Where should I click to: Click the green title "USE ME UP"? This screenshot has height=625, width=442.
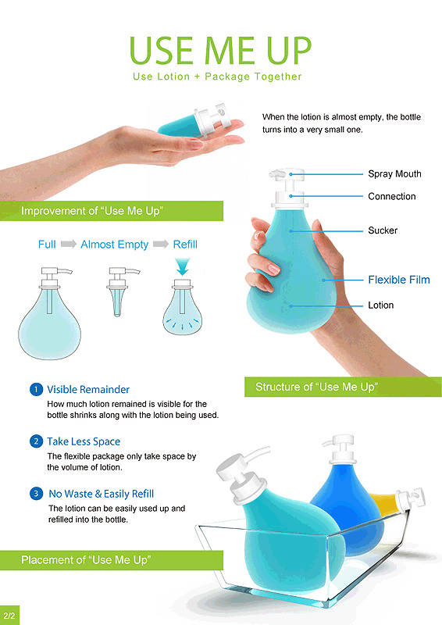(220, 51)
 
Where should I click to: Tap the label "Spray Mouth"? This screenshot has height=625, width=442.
(394, 173)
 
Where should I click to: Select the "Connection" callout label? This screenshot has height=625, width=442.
(392, 196)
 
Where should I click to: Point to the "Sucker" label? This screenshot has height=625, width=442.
(383, 230)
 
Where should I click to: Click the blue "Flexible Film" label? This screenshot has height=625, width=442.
(399, 280)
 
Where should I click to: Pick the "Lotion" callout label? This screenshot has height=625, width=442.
(380, 305)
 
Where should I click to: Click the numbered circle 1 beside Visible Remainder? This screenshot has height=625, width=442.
(36, 389)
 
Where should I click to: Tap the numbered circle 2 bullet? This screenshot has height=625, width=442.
(36, 441)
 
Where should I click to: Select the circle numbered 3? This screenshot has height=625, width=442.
(36, 494)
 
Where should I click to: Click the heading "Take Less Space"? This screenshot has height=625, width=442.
(84, 441)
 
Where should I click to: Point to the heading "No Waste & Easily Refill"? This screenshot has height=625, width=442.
(102, 494)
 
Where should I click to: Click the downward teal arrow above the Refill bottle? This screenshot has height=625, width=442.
(183, 266)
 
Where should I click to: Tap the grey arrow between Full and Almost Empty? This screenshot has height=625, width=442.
(69, 244)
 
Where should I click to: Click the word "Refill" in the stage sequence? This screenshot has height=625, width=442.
(185, 244)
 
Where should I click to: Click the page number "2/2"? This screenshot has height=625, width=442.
(9, 616)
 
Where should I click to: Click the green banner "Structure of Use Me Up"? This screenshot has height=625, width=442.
(343, 387)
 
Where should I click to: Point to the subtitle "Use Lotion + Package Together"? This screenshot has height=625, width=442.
(217, 77)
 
